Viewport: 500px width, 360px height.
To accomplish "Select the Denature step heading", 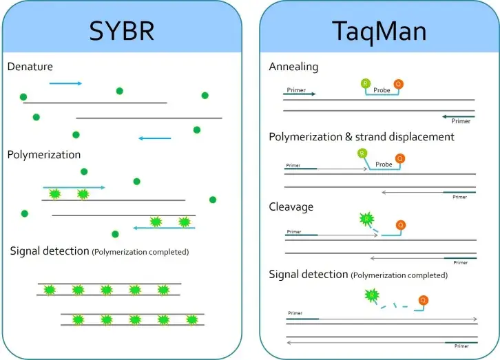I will point(30,67).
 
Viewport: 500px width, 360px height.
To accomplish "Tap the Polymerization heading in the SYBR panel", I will point(44,155).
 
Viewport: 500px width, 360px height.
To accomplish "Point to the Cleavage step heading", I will point(291,207).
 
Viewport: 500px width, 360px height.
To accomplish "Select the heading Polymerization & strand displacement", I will point(362,137).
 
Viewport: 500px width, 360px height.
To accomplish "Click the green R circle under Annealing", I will point(366,83).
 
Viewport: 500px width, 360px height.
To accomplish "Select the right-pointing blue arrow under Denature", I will point(65,83).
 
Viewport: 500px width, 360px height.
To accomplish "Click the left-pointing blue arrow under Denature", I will point(155,138).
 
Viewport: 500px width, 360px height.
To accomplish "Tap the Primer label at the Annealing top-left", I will point(295,90).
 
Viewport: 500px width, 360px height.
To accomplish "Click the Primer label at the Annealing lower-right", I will point(461,122).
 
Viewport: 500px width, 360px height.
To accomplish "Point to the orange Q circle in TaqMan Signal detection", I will point(424,300).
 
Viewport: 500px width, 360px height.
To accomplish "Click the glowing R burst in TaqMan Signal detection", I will point(373,297).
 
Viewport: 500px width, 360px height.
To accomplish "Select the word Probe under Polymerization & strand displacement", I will point(384,165).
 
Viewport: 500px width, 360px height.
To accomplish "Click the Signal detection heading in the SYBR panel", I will point(49,251).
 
